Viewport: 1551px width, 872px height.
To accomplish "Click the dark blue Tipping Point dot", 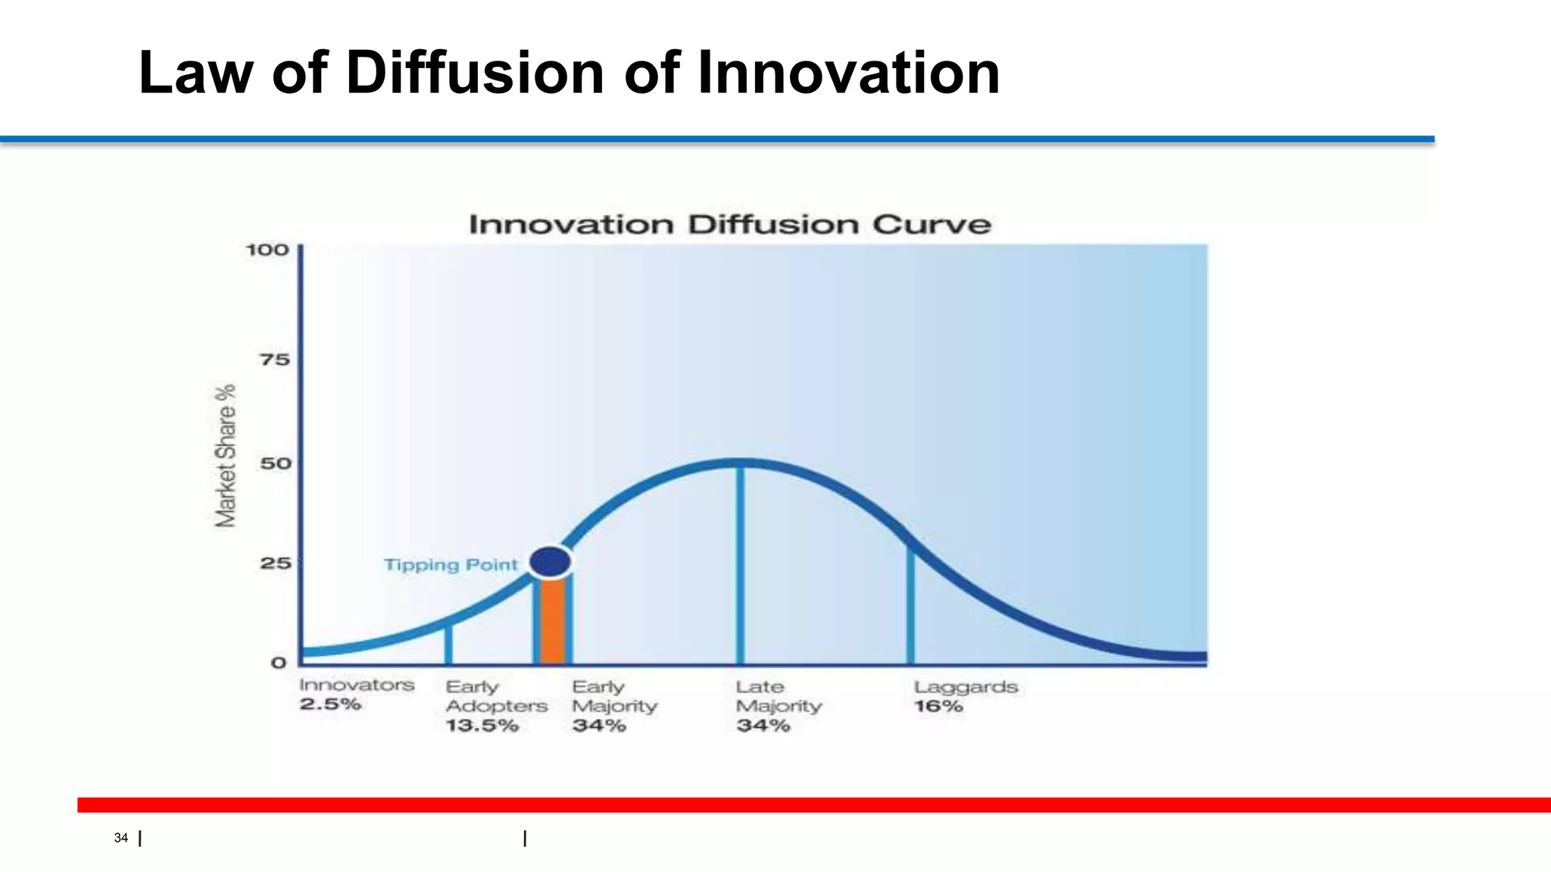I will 550,562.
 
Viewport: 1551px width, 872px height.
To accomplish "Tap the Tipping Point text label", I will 451,565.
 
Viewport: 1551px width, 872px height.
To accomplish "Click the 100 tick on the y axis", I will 267,250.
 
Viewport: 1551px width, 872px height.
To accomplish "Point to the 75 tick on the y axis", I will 275,360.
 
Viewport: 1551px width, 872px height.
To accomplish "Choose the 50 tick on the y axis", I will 276,463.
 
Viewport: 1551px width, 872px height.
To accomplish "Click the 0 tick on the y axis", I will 279,663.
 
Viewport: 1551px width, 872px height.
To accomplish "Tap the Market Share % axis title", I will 226,456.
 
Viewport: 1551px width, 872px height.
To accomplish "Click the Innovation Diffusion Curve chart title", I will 729,225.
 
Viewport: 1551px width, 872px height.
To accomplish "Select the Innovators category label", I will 357,685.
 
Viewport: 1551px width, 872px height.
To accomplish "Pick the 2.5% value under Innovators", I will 330,705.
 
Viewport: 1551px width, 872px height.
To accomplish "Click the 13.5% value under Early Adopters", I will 482,726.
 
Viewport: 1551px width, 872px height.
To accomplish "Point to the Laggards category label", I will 966,687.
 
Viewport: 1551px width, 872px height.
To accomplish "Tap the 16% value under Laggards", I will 938,706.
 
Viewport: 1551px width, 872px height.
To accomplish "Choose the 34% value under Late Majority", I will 763,726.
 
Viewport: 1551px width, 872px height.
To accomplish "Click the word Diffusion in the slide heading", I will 475,73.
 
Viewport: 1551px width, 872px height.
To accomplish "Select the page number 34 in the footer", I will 121,838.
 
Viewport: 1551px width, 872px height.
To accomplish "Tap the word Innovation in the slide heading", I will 848,73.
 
